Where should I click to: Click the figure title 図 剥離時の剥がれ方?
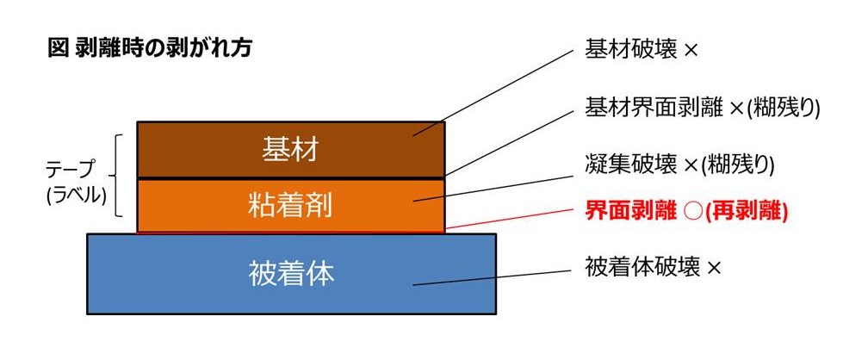pyautogui.click(x=150, y=49)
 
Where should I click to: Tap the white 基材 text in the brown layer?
pyautogui.click(x=290, y=150)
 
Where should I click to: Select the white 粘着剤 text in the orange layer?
pyautogui.click(x=290, y=206)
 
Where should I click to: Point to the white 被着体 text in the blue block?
pyautogui.click(x=291, y=274)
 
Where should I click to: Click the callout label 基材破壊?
pyautogui.click(x=631, y=51)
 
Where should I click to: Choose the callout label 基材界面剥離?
pyautogui.click(x=654, y=109)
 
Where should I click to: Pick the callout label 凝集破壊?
pyautogui.click(x=631, y=164)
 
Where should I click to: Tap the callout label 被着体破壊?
pyautogui.click(x=642, y=268)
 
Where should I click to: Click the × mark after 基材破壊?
pyautogui.click(x=691, y=52)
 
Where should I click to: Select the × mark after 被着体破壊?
pyautogui.click(x=714, y=269)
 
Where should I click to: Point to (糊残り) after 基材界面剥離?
pyautogui.click(x=783, y=109)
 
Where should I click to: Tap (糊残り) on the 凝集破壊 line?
pyautogui.click(x=737, y=165)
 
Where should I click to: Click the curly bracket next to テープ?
pyautogui.click(x=116, y=175)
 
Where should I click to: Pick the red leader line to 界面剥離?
pyautogui.click(x=508, y=219)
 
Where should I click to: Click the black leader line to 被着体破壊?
pyautogui.click(x=493, y=278)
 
